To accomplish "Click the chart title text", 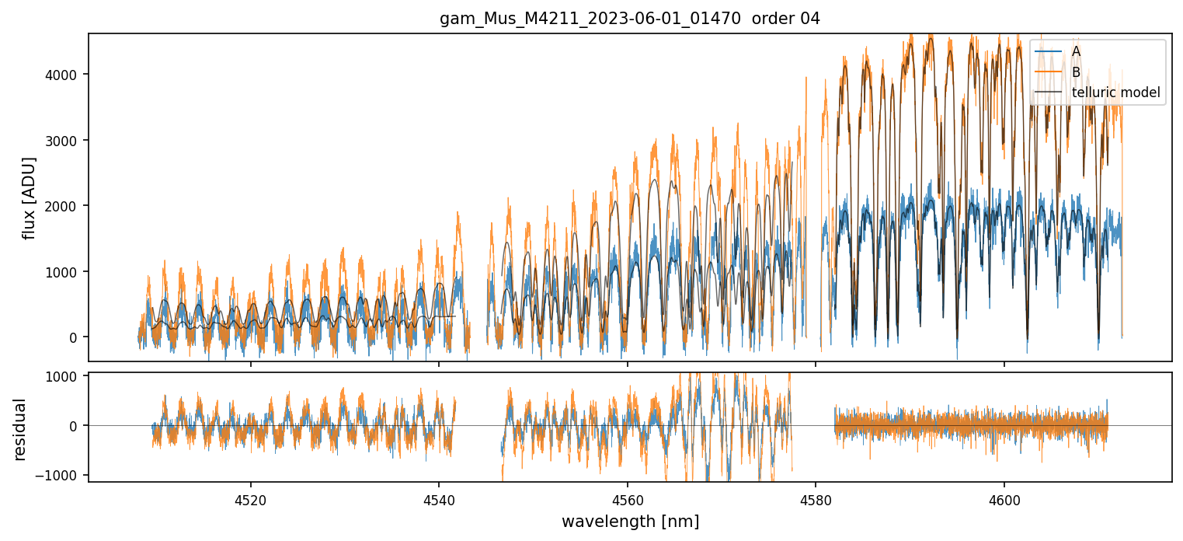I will click(x=630, y=19).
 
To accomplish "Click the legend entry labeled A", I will click(x=1076, y=51).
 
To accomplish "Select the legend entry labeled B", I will click(x=1076, y=72).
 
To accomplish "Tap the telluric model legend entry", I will click(x=1115, y=93).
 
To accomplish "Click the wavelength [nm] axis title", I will click(x=630, y=522).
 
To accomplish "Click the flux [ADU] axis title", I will click(x=30, y=197).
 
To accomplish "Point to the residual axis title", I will click(x=19, y=429).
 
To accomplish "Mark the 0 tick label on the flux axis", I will click(x=74, y=337).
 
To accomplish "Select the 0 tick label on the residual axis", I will click(x=74, y=426).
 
